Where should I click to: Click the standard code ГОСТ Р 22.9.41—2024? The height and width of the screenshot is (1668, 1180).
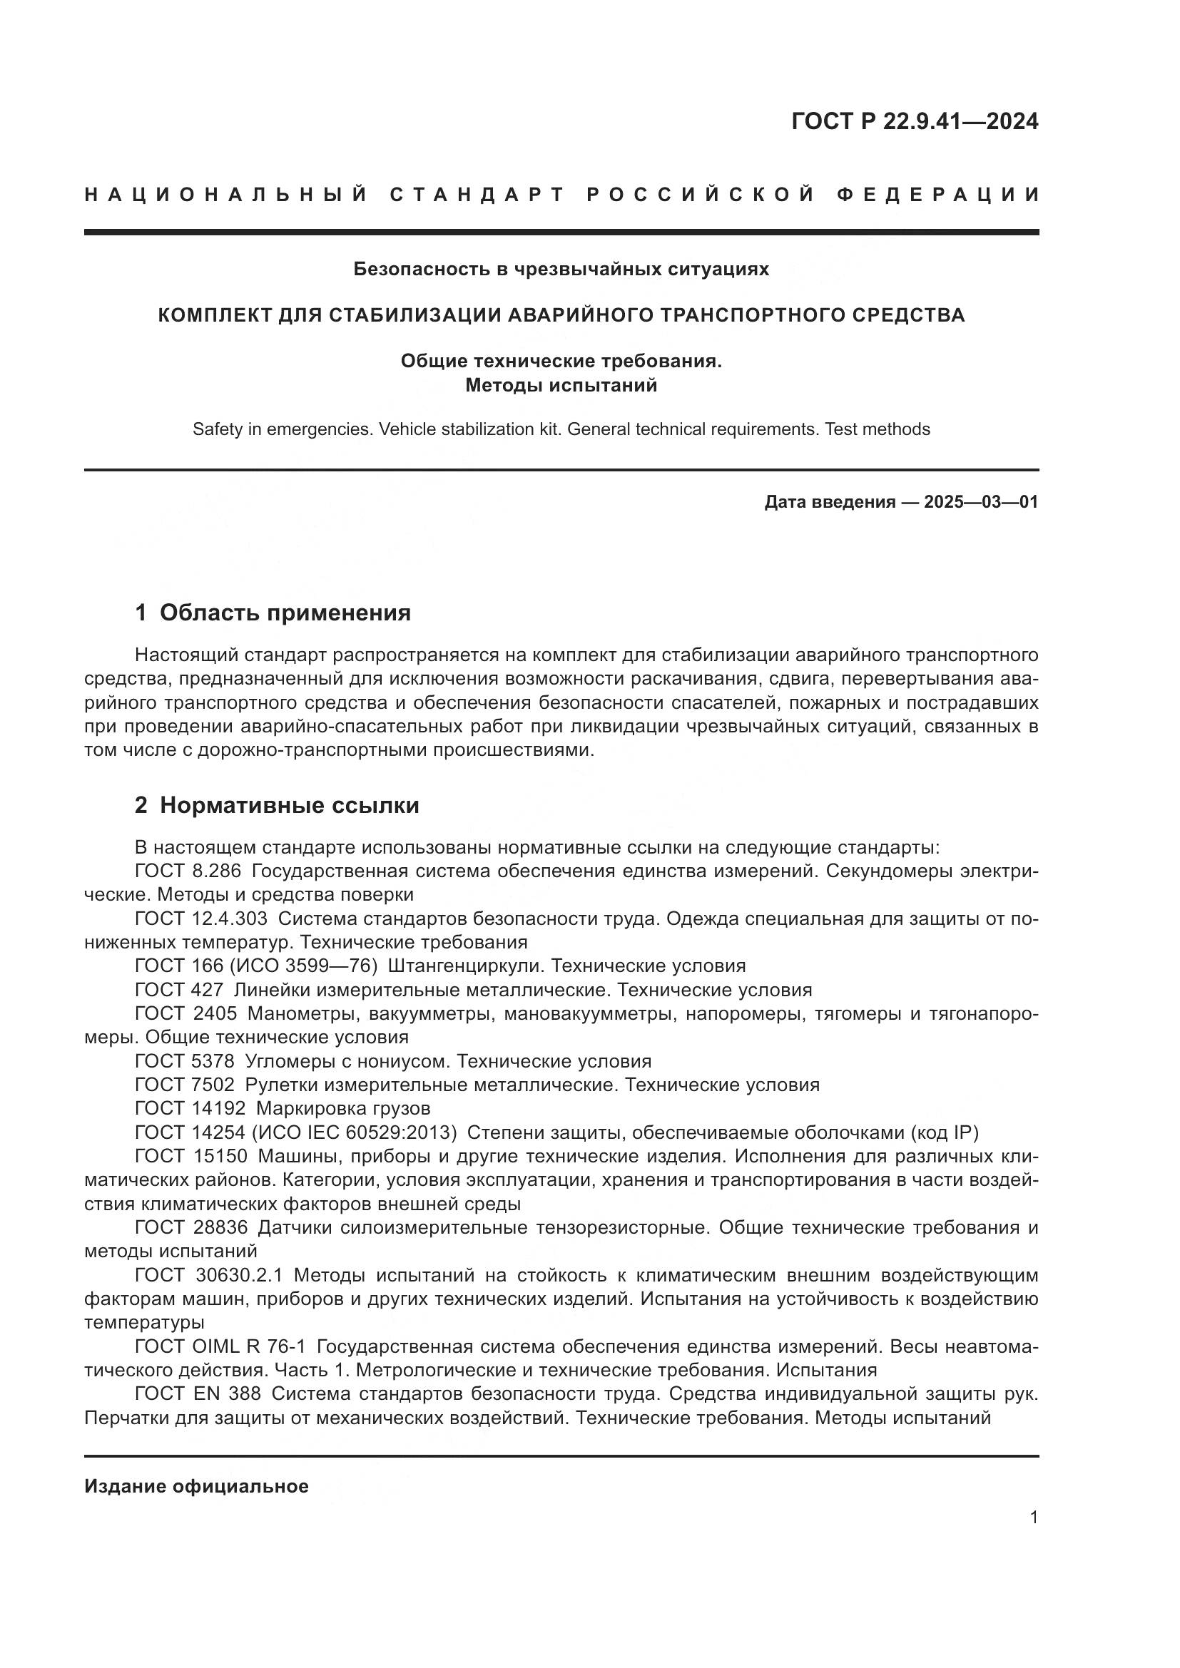914,121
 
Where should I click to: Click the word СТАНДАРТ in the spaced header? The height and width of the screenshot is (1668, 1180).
477,195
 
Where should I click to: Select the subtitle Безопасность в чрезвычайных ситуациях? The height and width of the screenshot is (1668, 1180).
561,270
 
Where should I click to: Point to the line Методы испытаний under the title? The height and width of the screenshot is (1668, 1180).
561,385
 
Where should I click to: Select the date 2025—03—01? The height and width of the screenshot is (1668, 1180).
980,502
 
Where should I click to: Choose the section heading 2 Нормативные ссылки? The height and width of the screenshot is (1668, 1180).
277,805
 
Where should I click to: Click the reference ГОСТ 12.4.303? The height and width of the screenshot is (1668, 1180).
200,919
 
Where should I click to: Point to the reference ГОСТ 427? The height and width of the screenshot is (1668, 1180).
179,990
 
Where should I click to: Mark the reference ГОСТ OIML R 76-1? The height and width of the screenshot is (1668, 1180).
220,1346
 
